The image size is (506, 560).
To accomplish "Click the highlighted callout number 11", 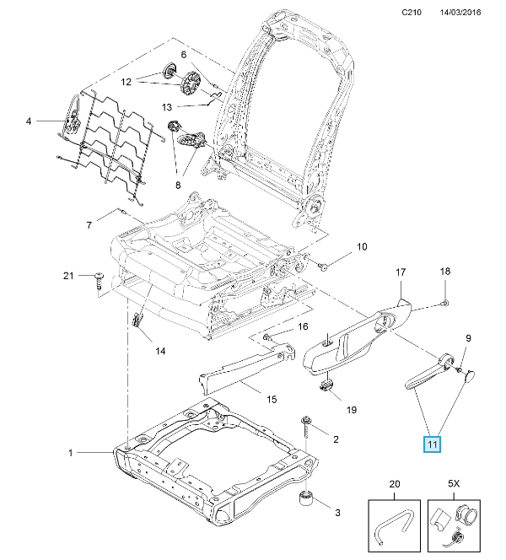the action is click(x=432, y=444).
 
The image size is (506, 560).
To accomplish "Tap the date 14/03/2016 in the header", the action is click(x=460, y=12).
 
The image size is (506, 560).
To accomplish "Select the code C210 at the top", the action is click(x=412, y=12).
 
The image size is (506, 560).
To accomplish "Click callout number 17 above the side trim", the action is click(x=401, y=272).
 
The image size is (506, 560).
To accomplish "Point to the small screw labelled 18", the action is click(x=445, y=304).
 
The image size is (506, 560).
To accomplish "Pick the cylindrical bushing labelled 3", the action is click(x=305, y=498).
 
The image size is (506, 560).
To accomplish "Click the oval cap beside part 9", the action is click(x=470, y=375).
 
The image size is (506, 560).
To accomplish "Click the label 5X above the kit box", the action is click(x=454, y=484).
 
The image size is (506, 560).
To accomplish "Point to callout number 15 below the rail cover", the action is click(x=272, y=399).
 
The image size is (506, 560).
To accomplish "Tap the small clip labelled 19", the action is click(x=326, y=385).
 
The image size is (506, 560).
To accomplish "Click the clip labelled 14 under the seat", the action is click(x=137, y=320).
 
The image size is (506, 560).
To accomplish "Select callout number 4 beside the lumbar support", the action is click(x=29, y=121).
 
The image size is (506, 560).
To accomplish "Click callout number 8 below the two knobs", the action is click(x=178, y=186).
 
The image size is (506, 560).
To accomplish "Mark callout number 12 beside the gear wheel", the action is click(x=126, y=82).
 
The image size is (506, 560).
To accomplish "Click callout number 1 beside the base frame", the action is click(x=70, y=453).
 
